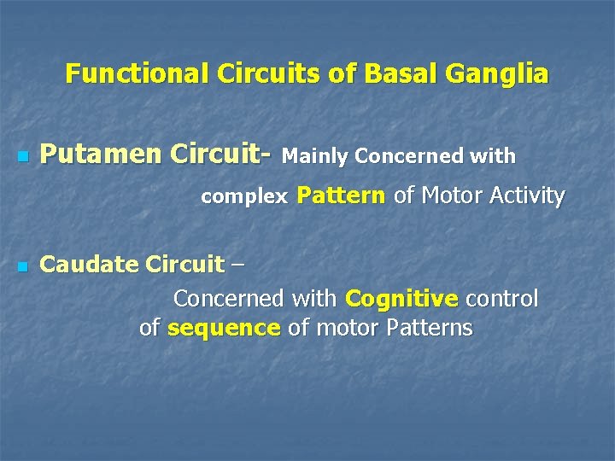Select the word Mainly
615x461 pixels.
(x=315, y=156)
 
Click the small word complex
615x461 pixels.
(x=244, y=197)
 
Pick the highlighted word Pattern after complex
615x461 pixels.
(x=341, y=195)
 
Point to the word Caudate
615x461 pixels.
(x=90, y=265)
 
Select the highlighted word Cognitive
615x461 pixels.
(x=401, y=299)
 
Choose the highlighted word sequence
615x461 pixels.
(x=224, y=328)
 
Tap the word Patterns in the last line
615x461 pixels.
(x=429, y=328)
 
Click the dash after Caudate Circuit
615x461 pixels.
(x=237, y=266)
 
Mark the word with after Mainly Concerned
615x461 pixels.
(x=496, y=156)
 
